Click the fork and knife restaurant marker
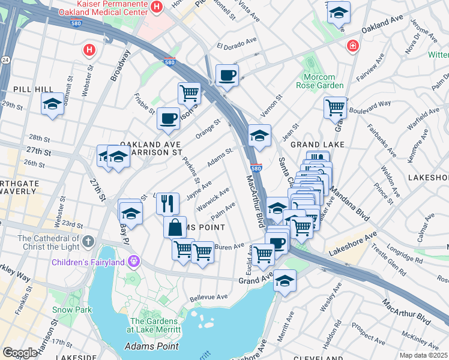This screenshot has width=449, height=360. (x=168, y=203)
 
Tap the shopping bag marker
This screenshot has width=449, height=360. (x=175, y=227)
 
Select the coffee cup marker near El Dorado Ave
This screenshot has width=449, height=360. (x=227, y=76)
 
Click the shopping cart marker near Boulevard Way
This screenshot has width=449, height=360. (x=335, y=108)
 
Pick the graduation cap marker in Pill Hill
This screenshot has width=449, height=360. (x=52, y=104)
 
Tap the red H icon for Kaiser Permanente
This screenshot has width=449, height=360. (x=157, y=7)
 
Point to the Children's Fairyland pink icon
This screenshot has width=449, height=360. (x=133, y=262)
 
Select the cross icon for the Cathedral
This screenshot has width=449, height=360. (x=88, y=242)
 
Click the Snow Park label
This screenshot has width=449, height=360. (x=71, y=310)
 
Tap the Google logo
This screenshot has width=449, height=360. (x=20, y=353)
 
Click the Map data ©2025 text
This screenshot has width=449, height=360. (x=423, y=355)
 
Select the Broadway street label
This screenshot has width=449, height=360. (x=119, y=65)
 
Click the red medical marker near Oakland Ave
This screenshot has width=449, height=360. (x=354, y=46)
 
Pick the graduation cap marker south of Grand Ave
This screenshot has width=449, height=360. (x=285, y=281)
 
